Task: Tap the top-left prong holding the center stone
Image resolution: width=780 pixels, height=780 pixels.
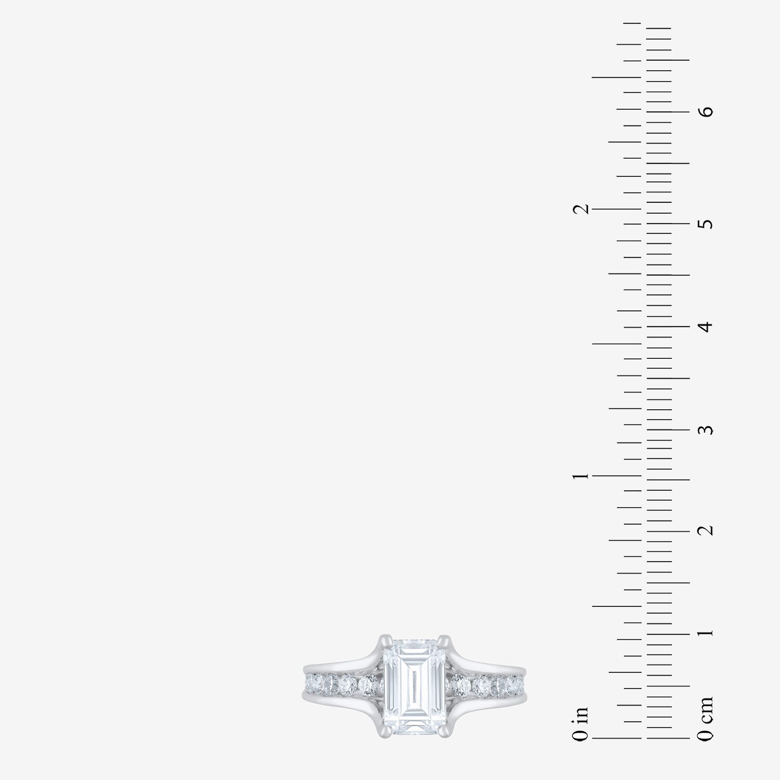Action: [385, 639]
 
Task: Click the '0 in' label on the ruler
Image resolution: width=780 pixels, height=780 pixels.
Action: [580, 723]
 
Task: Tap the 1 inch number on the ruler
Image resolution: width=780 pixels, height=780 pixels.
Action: [580, 476]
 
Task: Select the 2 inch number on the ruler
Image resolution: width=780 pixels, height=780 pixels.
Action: [580, 209]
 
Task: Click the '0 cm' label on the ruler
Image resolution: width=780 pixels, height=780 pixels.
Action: [706, 719]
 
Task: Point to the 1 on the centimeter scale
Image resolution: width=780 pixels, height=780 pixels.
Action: [706, 633]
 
